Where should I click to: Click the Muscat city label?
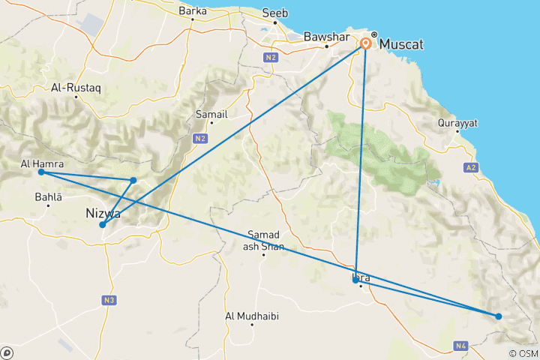point(401,45)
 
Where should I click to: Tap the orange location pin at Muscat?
point(366,43)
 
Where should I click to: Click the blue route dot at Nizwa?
point(102,225)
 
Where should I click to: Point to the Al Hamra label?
point(42,163)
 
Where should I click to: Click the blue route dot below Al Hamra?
point(41,172)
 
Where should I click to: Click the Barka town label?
point(193,11)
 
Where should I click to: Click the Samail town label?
point(211,114)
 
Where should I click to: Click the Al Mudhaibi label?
point(252,316)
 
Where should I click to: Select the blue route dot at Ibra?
point(355,280)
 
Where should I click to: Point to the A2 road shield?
point(470,167)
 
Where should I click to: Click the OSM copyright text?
point(522,353)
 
